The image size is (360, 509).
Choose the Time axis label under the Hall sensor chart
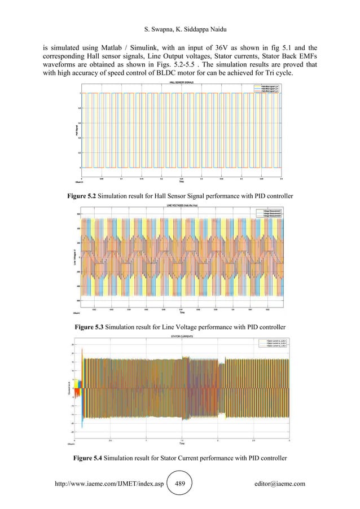pyautogui.click(x=181, y=182)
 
